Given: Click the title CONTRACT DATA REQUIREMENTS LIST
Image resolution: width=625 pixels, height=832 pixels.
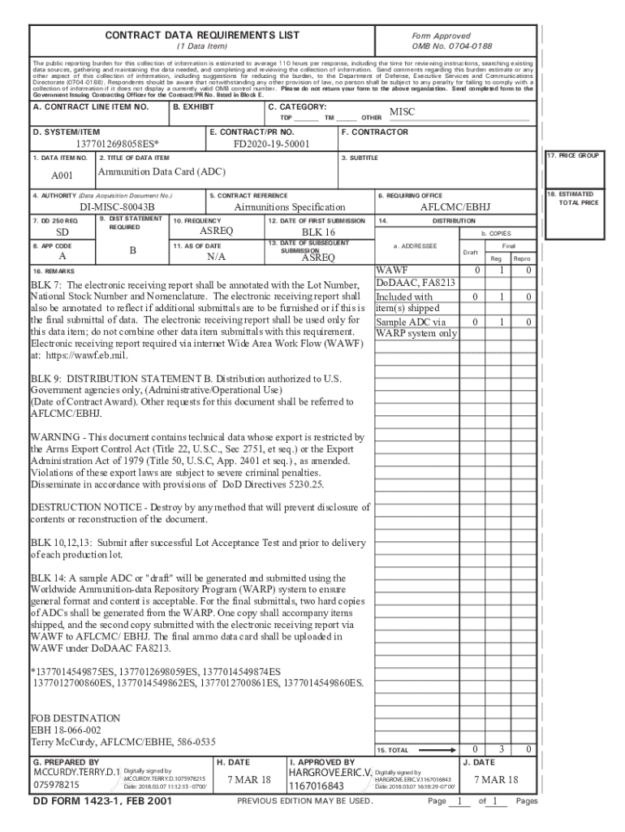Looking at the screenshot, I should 202,35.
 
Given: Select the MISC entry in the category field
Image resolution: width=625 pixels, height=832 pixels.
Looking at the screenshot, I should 402,111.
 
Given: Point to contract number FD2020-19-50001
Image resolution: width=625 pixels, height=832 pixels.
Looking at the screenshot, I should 271,144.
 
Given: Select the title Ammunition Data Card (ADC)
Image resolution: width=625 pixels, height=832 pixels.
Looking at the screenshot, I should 162,172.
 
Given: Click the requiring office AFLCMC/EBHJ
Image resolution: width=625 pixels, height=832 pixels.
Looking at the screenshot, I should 455,208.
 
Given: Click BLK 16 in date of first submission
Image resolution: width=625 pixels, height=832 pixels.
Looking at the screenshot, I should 318,232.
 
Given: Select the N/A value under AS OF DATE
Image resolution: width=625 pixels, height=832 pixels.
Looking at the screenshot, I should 216,257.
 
